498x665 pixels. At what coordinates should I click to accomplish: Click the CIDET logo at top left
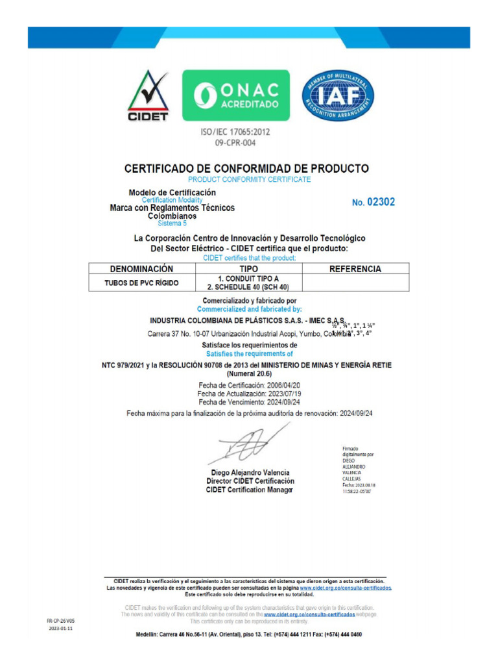click(147, 95)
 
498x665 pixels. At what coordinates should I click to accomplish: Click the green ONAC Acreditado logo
click(235, 95)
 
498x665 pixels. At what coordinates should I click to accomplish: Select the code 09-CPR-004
click(235, 142)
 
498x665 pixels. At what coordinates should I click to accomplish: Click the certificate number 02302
click(381, 202)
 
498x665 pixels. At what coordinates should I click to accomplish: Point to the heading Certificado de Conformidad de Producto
click(246, 168)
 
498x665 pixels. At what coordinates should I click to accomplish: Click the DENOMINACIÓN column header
click(141, 269)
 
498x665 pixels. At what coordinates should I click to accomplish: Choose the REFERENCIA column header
click(355, 269)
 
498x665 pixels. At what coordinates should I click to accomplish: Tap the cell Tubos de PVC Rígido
click(141, 282)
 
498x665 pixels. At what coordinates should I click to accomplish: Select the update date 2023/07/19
click(282, 394)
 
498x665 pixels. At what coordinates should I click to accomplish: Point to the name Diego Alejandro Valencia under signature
click(250, 472)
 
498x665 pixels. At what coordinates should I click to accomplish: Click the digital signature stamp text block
click(354, 471)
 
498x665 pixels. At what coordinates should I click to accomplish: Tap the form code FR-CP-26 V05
click(60, 621)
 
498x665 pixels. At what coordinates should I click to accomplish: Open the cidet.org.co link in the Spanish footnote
click(346, 588)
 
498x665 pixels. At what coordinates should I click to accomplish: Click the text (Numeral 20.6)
click(249, 374)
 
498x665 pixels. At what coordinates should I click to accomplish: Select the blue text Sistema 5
click(172, 223)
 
